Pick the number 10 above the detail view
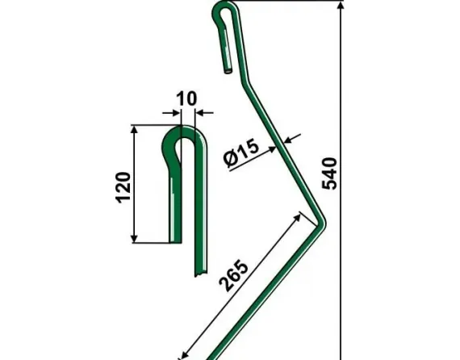click(x=186, y=99)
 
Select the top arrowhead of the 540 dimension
click(x=342, y=6)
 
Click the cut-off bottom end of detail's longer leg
click(x=196, y=274)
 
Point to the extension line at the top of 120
click(x=153, y=124)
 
